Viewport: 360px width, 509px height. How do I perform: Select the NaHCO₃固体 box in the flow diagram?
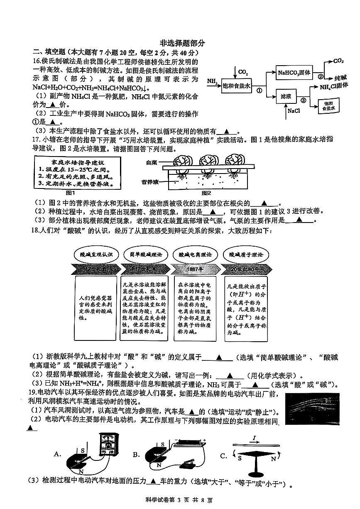(294, 73)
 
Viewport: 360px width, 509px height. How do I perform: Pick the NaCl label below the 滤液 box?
(293, 111)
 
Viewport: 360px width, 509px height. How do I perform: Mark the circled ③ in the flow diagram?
(303, 100)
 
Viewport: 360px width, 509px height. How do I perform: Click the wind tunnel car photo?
(313, 407)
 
